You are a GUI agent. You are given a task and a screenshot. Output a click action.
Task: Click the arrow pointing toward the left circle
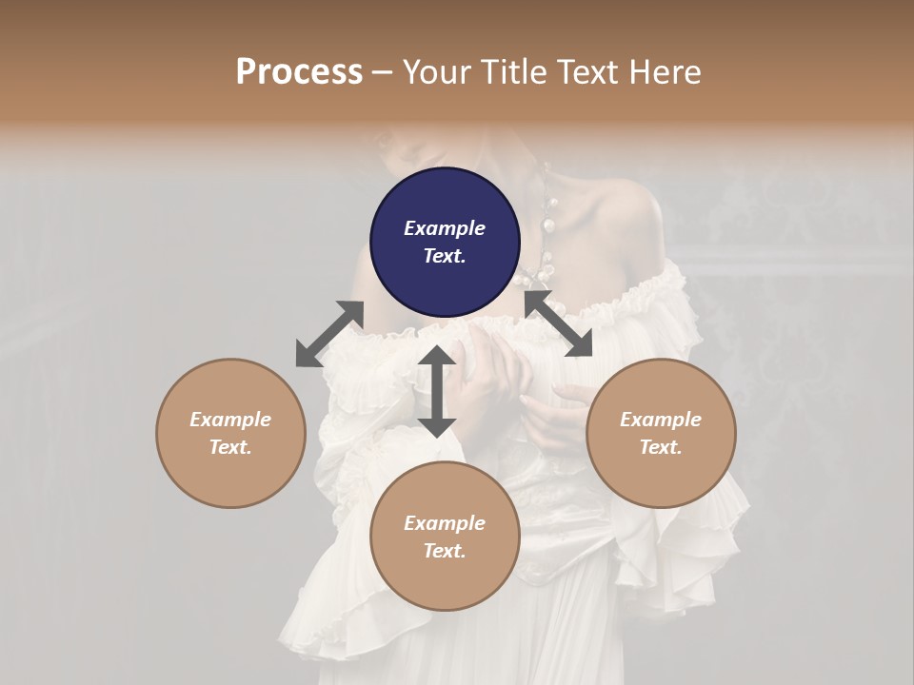click(x=329, y=333)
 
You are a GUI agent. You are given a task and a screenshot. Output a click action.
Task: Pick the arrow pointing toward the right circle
click(x=558, y=323)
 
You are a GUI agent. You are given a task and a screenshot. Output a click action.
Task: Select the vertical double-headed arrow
click(x=437, y=391)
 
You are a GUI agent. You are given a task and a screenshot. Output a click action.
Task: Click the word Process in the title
click(x=299, y=71)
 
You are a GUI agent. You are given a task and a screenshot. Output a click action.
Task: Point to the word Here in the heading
click(x=666, y=71)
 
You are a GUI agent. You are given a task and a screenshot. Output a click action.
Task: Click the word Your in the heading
click(x=437, y=71)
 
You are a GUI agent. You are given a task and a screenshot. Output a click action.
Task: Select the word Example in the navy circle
click(x=445, y=228)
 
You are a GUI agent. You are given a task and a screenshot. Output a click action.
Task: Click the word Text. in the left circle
click(x=230, y=447)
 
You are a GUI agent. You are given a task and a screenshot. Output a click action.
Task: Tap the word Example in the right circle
click(x=661, y=420)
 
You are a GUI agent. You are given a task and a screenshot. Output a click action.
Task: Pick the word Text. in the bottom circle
click(x=445, y=551)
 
